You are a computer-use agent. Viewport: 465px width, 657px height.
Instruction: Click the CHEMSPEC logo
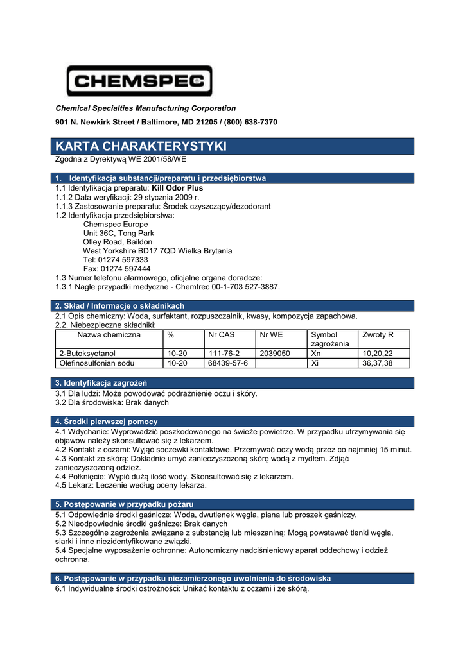[x=139, y=81]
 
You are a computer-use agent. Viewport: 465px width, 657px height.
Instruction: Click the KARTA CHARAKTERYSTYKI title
[x=141, y=146]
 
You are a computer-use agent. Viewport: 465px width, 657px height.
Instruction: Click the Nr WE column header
[x=271, y=335]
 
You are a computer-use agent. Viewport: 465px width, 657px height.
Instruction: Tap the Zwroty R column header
[x=378, y=335]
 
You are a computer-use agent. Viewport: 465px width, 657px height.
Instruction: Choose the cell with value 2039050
[x=275, y=354]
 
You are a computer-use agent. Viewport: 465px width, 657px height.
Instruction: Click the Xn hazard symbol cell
[x=315, y=354]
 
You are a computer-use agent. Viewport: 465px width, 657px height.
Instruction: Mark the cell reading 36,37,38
[x=378, y=363]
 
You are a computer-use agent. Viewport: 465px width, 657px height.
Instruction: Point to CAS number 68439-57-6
[x=228, y=363]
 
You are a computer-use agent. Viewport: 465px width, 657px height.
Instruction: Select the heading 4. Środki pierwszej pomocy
[x=106, y=422]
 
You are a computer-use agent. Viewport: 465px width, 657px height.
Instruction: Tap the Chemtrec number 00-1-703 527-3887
[x=240, y=287]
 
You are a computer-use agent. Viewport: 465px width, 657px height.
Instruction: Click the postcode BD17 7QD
[x=153, y=251]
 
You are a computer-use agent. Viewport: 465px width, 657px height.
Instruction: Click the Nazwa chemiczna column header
[x=109, y=335]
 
